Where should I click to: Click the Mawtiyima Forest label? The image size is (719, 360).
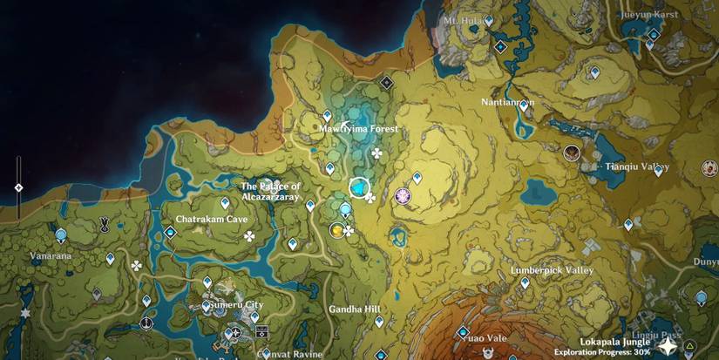click(358, 129)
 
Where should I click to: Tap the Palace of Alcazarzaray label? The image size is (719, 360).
click(270, 192)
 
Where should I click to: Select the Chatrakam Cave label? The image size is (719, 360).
click(212, 220)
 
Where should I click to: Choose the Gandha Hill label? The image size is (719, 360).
click(355, 309)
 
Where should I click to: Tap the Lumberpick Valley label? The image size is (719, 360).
click(552, 271)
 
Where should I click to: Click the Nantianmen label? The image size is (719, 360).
click(507, 102)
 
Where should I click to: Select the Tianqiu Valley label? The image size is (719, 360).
click(638, 166)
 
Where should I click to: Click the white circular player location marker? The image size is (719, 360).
click(358, 187)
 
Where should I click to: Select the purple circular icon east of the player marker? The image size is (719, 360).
click(404, 197)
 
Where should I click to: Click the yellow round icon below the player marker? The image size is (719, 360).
click(336, 230)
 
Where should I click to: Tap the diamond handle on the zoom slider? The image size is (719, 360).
click(18, 187)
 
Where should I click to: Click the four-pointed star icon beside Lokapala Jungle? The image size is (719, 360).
click(667, 347)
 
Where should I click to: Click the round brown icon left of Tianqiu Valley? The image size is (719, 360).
click(572, 153)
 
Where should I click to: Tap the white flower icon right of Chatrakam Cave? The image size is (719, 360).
click(250, 235)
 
